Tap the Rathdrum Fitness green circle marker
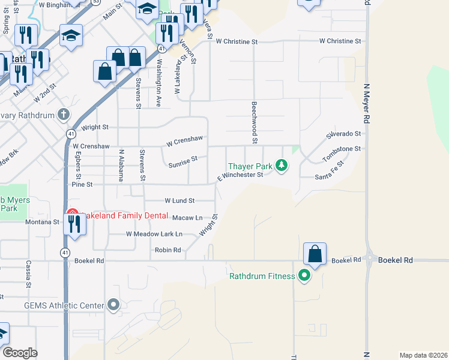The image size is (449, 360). tap(304, 277)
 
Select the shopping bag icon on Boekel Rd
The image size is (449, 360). tap(315, 254)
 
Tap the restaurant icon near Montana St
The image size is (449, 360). tap(75, 224)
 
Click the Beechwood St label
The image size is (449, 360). tap(254, 122)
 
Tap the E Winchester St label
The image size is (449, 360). tap(240, 175)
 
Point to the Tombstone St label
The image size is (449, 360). tap(343, 149)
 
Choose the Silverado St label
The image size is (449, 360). tap(343, 134)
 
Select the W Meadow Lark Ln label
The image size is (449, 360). tap(154, 234)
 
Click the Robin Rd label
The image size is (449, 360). tap(168, 250)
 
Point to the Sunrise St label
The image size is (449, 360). tap(182, 161)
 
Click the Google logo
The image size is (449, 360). tap(20, 353)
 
